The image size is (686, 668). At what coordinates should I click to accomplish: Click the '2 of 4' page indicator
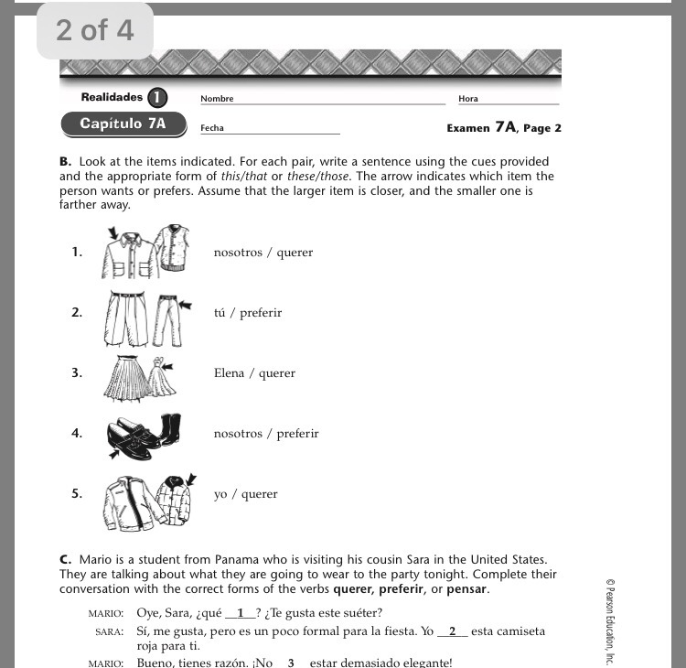[94, 30]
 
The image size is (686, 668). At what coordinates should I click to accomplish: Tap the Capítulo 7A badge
[123, 124]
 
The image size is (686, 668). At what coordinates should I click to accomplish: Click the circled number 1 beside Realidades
[157, 98]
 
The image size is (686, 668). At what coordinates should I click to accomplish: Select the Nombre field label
[218, 99]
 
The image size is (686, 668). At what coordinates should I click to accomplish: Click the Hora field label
[468, 99]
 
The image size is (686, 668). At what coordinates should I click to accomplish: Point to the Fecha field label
[212, 128]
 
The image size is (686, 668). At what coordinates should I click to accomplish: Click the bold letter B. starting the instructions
[65, 161]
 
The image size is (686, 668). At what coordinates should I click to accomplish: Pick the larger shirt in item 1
[126, 253]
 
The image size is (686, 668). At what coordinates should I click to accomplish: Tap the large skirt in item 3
[123, 377]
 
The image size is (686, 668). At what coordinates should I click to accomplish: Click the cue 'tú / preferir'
[248, 313]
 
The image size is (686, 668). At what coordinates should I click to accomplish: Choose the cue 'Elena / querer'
[254, 373]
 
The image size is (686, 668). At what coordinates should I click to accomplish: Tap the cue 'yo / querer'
[245, 494]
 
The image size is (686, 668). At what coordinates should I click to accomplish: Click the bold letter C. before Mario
[66, 559]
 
